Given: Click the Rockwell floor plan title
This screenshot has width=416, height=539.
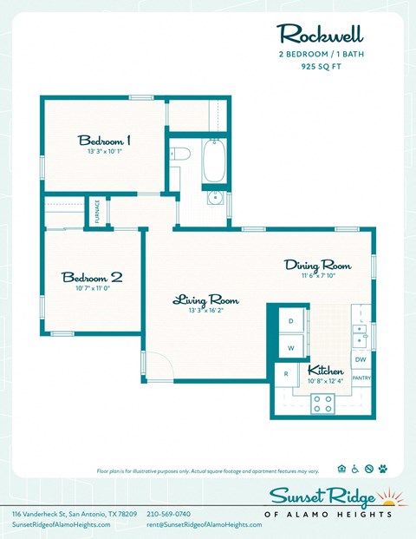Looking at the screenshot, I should pyautogui.click(x=320, y=35).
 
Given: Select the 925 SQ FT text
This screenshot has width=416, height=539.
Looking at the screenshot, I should pyautogui.click(x=321, y=64).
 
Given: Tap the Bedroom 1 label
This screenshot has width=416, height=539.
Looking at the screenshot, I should pyautogui.click(x=104, y=140).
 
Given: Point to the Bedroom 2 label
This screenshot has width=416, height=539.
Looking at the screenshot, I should pyautogui.click(x=91, y=277).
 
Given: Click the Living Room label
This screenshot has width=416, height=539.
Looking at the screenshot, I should pyautogui.click(x=205, y=300).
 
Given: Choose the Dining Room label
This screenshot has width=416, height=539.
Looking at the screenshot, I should pyautogui.click(x=317, y=265).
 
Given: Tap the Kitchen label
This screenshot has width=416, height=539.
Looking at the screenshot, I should pyautogui.click(x=326, y=370).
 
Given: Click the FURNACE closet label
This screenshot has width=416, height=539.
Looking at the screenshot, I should pyautogui.click(x=97, y=213).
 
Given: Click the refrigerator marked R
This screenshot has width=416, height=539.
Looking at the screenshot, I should pyautogui.click(x=286, y=374).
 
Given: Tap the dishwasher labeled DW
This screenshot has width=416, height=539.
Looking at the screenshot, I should pyautogui.click(x=361, y=359).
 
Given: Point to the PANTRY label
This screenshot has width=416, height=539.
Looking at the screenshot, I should pyautogui.click(x=361, y=378).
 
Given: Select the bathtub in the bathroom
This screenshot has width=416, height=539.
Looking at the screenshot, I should pyautogui.click(x=214, y=160).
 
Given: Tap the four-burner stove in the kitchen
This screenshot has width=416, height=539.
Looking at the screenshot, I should pyautogui.click(x=322, y=402).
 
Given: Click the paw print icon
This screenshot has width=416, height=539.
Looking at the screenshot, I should pyautogui.click(x=383, y=469).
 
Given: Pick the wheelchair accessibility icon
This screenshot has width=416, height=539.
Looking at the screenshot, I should pyautogui.click(x=357, y=469).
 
